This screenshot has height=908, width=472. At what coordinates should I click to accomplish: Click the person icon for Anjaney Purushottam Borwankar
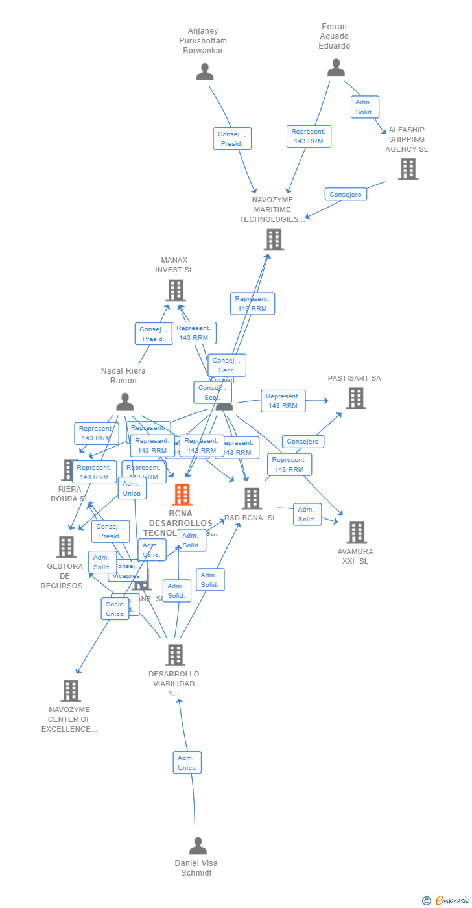205,72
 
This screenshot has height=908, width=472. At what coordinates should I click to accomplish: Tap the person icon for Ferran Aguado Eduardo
336,67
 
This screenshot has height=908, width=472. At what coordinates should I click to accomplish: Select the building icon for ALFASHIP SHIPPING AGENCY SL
408,169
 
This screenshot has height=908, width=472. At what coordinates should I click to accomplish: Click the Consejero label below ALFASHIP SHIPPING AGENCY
346,194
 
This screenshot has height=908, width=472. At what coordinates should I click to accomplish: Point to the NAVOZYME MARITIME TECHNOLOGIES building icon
274,239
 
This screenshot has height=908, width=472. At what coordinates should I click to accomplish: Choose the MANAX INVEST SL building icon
175,290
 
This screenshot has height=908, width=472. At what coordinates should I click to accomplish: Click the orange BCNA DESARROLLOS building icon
182,495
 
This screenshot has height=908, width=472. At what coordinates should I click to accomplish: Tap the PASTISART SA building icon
355,398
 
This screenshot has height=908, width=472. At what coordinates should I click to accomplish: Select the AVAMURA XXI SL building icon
356,532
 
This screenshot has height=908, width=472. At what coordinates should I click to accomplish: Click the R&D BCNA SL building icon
252,499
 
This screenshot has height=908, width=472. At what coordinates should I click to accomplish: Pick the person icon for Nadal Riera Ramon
124,401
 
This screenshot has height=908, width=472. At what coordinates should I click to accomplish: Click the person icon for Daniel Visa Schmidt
198,846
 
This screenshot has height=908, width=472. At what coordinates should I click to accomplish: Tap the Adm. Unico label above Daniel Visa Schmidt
187,763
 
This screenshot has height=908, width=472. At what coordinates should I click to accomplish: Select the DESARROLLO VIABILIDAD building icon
175,655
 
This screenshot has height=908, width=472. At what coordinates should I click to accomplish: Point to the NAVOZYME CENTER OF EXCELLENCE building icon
71,691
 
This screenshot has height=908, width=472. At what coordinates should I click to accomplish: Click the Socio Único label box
115,609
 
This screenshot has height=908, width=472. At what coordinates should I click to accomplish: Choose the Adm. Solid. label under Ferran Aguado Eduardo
364,107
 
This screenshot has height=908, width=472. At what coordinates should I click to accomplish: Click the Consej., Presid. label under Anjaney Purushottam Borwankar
231,139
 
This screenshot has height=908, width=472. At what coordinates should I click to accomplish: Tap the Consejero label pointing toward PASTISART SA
303,442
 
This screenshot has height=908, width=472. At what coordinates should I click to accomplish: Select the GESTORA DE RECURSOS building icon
65,547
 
